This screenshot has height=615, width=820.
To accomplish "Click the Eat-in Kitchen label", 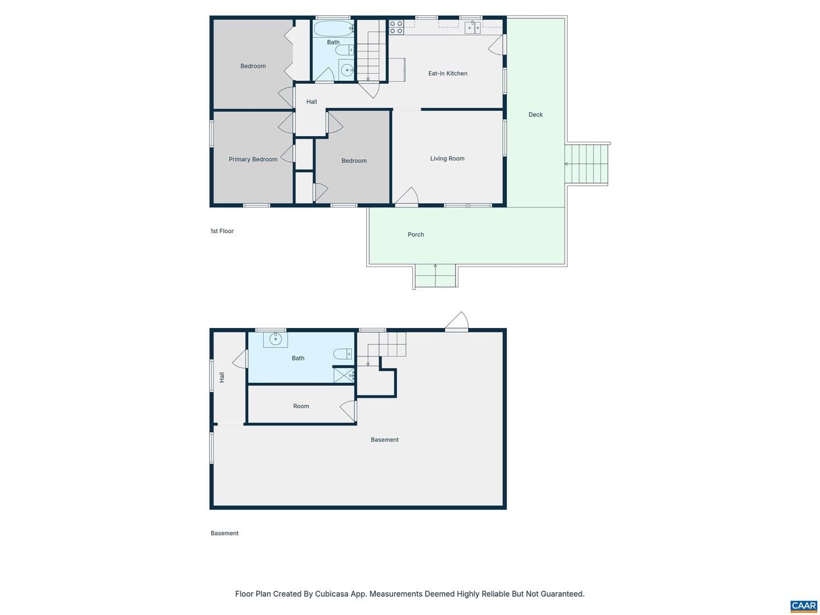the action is click(447, 73).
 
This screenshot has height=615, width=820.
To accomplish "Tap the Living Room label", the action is click(447, 159).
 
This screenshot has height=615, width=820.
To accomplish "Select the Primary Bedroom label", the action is click(252, 159).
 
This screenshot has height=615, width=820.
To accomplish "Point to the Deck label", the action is click(535, 114).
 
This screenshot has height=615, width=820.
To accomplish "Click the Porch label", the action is click(416, 235).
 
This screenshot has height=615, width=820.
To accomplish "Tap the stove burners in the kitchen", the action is click(396, 27).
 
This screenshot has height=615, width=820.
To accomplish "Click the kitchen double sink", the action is click(472, 28).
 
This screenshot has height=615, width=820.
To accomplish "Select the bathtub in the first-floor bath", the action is click(333, 28).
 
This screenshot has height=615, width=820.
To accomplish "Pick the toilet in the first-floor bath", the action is click(344, 50).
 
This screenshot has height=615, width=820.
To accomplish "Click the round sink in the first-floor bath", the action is click(346, 70).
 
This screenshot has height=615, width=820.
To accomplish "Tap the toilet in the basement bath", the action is click(342, 353).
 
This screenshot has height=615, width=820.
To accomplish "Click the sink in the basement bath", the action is click(275, 339).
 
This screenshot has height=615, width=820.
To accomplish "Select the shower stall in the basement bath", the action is click(343, 375).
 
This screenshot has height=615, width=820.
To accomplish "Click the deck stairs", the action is click(586, 163).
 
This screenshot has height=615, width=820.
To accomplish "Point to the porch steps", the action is click(435, 276).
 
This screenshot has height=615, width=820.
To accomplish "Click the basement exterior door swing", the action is click(456, 322).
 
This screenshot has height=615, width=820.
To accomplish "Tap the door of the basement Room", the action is click(348, 411).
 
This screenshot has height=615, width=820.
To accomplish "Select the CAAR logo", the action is click(803, 606).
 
